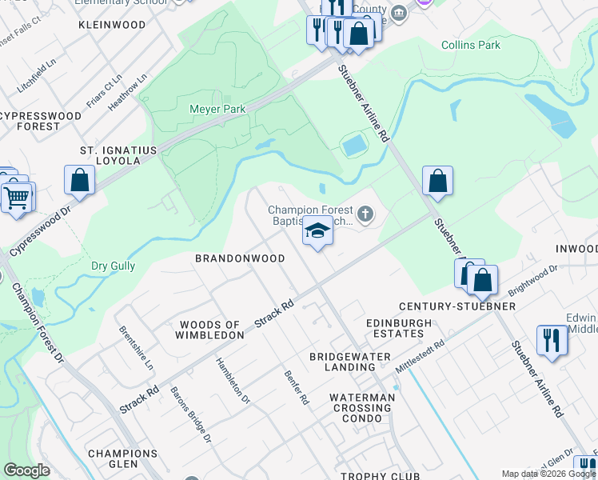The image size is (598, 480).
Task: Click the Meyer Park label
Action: (217, 109)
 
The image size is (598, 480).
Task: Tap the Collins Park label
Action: (471, 45)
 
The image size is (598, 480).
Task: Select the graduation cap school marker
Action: (317, 233)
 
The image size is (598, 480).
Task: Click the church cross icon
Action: (365, 213)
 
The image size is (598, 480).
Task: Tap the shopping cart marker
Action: (17, 196)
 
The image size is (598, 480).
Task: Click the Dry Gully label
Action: (113, 266)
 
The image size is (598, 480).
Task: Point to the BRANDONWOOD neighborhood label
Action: (241, 259)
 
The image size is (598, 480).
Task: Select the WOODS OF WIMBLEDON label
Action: (210, 330)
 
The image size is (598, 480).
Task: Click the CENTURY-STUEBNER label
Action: (457, 306)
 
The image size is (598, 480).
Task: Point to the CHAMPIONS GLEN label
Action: (122, 459)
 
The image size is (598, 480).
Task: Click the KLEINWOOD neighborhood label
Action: (112, 25)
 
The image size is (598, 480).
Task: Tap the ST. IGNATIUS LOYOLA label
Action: (109, 155)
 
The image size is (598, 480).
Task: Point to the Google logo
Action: (26, 470)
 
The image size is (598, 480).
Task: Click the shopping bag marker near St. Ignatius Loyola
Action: (80, 180)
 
